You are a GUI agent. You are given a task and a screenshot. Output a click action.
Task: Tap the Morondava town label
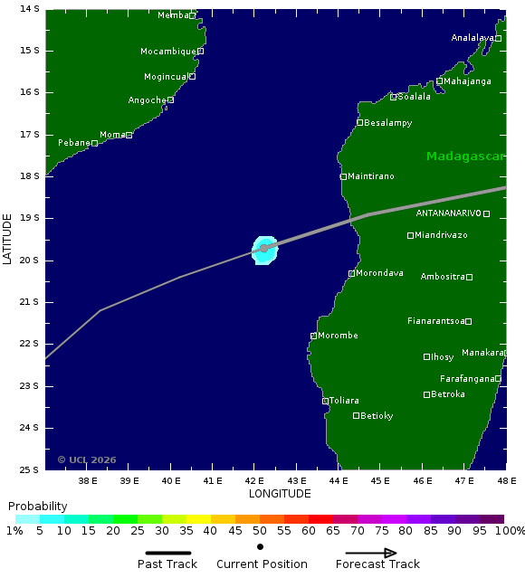[379, 273]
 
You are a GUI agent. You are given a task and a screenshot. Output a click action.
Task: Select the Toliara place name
[344, 401]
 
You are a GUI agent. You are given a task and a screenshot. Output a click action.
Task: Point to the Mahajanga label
[468, 81]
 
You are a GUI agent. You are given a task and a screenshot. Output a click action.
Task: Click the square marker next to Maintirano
[344, 176]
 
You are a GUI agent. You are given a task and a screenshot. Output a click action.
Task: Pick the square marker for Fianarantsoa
[468, 321]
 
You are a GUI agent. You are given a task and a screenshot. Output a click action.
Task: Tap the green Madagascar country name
[465, 156]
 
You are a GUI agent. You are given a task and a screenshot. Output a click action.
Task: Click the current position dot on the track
[264, 248]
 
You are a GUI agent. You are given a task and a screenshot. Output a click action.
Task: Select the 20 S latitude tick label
[30, 261]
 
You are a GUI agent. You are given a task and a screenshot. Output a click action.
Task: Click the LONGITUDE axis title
[280, 494]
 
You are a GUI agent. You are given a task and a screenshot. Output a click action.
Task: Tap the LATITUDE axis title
[8, 239]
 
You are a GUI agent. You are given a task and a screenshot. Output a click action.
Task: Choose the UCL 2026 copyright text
[87, 460]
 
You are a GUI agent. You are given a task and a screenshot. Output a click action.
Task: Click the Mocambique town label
[168, 52]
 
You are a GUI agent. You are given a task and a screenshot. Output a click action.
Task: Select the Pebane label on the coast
[74, 143]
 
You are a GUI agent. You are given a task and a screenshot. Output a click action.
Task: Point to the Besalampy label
[387, 123]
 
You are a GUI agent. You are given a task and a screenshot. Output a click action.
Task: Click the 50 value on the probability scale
[260, 531]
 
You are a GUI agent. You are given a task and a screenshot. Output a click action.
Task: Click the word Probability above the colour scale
[38, 506]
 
